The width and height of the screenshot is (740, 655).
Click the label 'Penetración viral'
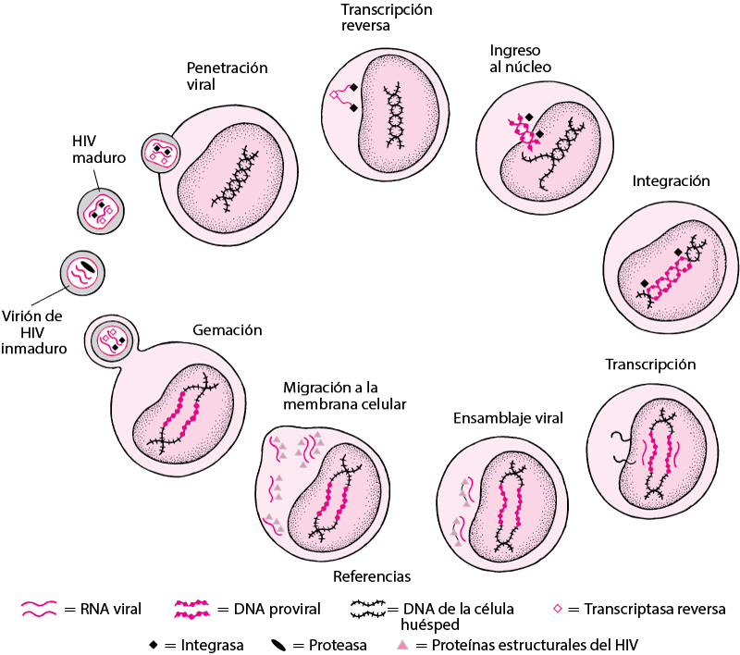(227, 76)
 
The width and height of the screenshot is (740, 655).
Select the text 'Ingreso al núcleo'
(521, 57)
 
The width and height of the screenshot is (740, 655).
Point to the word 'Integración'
(671, 181)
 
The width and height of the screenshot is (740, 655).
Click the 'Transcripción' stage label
(650, 365)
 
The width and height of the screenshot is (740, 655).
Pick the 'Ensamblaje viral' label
(508, 418)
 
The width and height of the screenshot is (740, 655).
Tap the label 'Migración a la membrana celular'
(346, 395)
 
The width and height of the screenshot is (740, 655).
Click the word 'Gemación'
(228, 330)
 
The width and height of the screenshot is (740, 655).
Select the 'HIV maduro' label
(99, 150)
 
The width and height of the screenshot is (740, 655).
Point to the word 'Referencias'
(372, 576)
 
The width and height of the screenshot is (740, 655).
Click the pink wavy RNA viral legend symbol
(43, 609)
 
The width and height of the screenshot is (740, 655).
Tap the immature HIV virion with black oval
(80, 272)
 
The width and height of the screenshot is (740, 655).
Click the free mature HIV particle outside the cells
(98, 212)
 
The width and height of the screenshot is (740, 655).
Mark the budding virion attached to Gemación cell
(111, 341)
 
